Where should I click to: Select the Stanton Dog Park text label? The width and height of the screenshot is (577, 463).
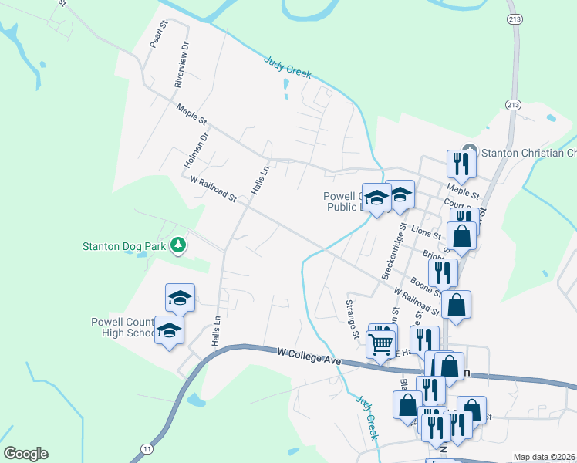(125, 247)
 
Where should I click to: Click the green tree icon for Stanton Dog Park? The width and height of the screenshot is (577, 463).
(179, 245)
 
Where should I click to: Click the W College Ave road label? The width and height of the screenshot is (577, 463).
(309, 356)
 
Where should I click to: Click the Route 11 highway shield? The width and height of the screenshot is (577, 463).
(147, 448)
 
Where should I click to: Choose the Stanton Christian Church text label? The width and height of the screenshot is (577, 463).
(528, 153)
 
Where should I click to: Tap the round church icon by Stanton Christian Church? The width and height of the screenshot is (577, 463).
(468, 151)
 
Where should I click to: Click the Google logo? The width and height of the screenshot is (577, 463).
(25, 454)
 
